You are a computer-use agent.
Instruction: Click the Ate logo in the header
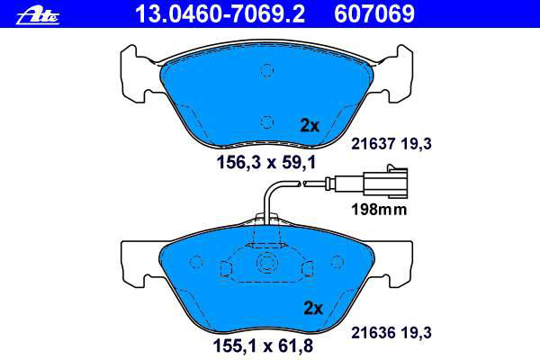click(38, 16)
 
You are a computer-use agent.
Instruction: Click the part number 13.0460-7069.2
click(220, 13)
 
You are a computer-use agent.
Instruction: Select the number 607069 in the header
click(374, 13)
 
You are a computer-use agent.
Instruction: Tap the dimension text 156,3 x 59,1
click(266, 162)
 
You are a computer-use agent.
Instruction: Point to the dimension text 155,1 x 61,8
click(264, 346)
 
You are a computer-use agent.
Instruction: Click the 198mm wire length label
click(379, 209)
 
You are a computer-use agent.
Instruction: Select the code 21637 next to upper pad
click(373, 144)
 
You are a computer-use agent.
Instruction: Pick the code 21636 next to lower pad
click(373, 333)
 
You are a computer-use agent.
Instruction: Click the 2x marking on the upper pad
click(310, 125)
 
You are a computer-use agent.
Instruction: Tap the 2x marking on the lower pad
click(313, 308)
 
